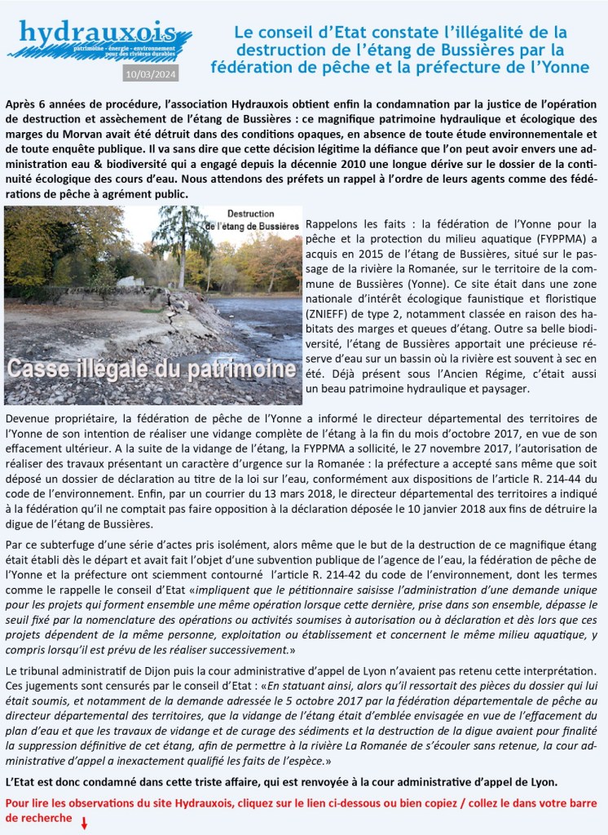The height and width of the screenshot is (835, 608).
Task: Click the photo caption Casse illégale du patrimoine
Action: [x=151, y=369]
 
